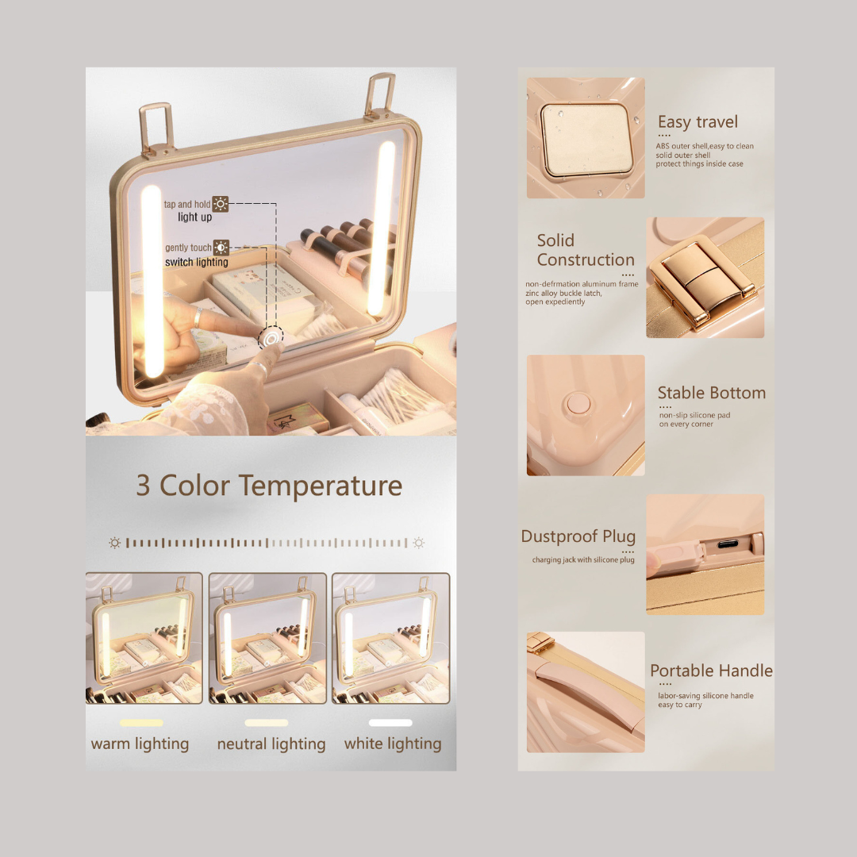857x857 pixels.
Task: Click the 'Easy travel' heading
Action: (698, 122)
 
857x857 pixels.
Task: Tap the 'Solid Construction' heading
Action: (586, 250)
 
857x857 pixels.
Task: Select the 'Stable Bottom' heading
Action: (711, 393)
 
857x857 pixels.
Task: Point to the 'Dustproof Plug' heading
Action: (578, 536)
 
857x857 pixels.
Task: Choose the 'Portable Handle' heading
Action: (711, 671)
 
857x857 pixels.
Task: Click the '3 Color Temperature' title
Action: (269, 486)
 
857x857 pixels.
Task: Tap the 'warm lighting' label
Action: (140, 744)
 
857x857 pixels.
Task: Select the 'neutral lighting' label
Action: (271, 744)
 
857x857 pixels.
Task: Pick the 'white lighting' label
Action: (393, 744)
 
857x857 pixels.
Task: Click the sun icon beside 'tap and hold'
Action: (221, 204)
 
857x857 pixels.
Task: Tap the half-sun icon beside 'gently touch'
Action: (221, 248)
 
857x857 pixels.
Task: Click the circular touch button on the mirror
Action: (271, 338)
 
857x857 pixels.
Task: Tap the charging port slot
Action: (728, 544)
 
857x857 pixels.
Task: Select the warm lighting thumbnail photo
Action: (144, 638)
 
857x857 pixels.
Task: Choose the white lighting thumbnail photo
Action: (390, 638)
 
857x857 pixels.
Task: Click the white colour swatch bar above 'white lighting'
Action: (390, 723)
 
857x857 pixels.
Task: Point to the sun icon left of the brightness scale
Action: (114, 543)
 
